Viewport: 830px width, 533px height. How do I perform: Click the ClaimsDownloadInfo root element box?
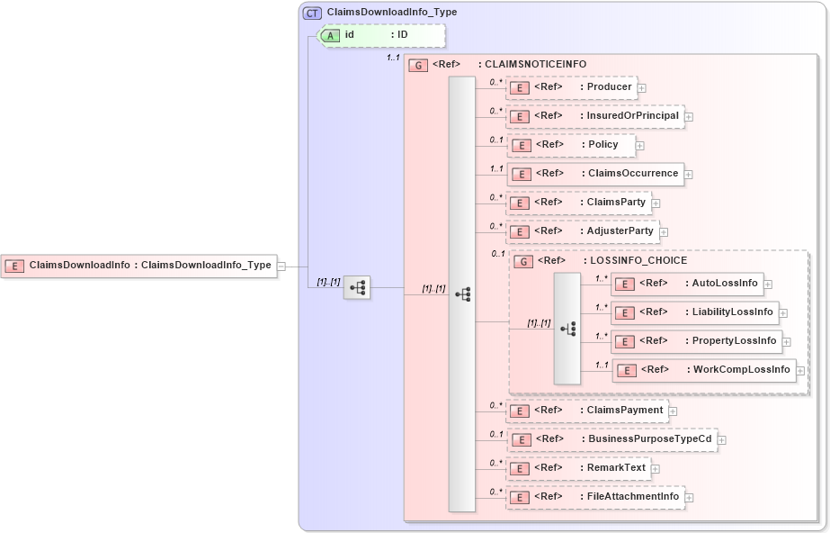(x=138, y=266)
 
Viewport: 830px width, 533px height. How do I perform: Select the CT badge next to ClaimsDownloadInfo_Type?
(x=312, y=13)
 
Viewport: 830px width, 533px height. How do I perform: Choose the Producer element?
(x=572, y=87)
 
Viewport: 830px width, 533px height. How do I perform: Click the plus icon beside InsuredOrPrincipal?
(x=689, y=117)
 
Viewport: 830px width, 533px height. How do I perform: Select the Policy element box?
(x=571, y=145)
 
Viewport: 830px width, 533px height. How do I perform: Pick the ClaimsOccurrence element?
(x=594, y=174)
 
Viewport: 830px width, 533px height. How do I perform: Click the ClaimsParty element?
(x=578, y=203)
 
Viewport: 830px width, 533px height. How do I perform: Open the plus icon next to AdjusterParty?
(x=664, y=232)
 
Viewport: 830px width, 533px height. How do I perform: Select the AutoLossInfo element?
(x=686, y=284)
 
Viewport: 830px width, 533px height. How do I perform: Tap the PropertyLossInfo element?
(x=695, y=341)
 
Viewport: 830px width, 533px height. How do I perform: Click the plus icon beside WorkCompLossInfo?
(x=800, y=371)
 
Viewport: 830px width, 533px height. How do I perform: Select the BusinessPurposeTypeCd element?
(x=611, y=439)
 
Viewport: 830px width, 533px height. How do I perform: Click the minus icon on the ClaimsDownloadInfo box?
(x=281, y=266)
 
